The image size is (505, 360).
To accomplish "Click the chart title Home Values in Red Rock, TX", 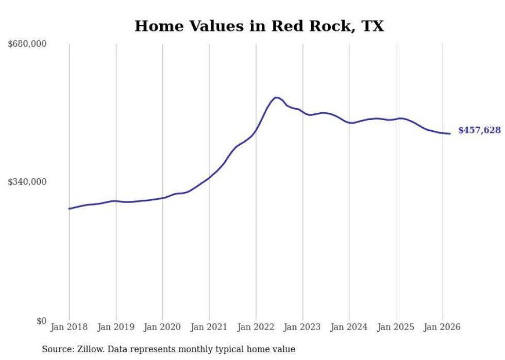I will point(259,26).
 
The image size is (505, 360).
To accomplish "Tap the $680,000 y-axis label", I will point(27,44).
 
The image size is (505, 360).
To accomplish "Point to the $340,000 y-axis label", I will point(27,182).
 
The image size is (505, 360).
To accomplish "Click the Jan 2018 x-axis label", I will point(69,327).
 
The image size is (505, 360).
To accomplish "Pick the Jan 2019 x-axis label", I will point(115,327).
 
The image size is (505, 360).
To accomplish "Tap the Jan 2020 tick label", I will point(162,327).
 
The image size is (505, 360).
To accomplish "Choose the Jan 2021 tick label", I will point(209,327).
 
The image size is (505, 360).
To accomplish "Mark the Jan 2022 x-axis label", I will point(256,327).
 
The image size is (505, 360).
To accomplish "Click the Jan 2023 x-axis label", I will point(302,327).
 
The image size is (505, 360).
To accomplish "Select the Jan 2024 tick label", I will point(349,327).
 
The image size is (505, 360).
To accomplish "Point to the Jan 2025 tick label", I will point(396,327).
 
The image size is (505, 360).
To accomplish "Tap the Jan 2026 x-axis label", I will point(442,327).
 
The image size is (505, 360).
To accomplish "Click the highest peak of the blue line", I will point(276,97).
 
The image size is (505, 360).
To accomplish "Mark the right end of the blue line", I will point(450,134).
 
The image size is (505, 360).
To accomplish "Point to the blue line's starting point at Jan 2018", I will point(69,209).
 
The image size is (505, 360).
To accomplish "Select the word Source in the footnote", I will point(56,349).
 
